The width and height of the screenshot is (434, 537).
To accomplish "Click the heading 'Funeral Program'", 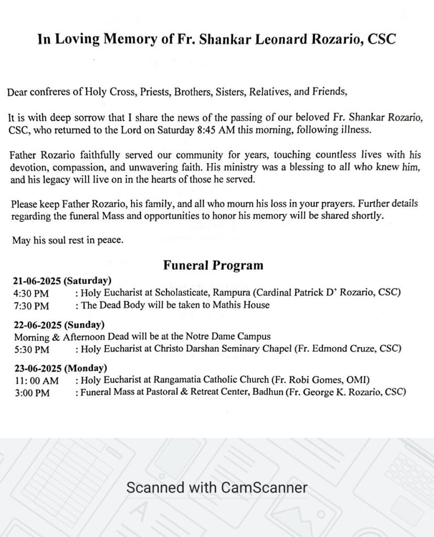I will (213, 265).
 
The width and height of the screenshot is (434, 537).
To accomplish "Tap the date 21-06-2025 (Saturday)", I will (62, 281).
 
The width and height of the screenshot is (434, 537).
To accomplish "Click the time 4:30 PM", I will (31, 292).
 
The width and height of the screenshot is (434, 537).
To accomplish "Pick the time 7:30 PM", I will (31, 305).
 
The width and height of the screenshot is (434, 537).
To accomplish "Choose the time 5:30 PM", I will (31, 349).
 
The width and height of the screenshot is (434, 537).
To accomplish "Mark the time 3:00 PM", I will (31, 392).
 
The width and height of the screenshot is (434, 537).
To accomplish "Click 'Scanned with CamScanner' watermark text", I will (216, 488).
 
